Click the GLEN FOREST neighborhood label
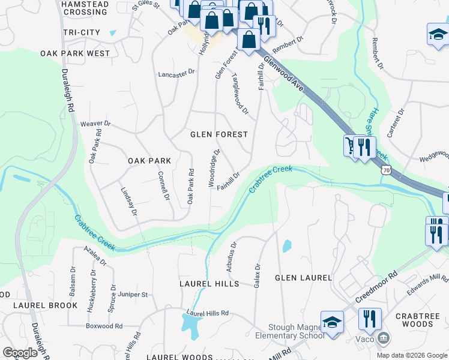pos(218,134)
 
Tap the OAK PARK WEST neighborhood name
pos(76,53)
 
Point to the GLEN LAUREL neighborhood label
pos(303,278)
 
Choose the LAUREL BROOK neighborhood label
pos(46,305)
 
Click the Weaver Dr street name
pos(96,124)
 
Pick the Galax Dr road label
pos(258,275)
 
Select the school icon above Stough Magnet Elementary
pos(332,322)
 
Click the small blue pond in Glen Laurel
pos(287,245)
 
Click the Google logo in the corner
pos(20,353)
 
